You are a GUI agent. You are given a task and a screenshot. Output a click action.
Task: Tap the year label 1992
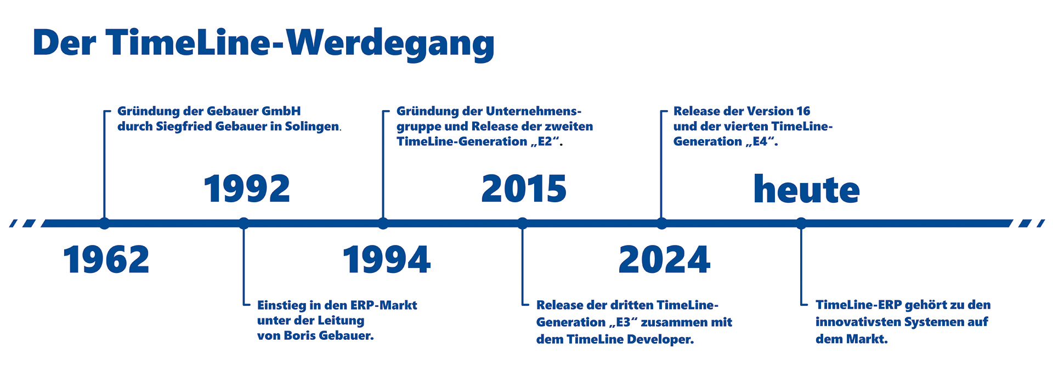(247, 189)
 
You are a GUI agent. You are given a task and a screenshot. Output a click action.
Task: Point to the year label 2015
(524, 189)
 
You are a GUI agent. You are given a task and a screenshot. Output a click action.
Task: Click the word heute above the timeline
(807, 189)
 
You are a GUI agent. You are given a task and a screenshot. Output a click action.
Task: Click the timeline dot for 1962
(104, 223)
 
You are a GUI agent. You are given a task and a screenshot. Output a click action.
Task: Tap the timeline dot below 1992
(244, 223)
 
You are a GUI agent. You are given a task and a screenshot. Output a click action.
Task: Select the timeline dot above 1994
(383, 223)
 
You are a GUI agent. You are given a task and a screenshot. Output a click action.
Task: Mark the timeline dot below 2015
(523, 223)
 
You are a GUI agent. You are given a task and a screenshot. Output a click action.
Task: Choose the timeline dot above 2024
(662, 223)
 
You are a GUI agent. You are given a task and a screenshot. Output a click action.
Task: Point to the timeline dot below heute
(801, 223)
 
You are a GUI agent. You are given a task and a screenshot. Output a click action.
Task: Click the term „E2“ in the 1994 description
(546, 141)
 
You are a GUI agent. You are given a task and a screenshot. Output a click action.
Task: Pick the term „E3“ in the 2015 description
(622, 322)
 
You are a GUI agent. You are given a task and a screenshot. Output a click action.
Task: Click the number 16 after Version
(803, 111)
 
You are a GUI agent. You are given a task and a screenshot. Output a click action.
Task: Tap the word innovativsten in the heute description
(857, 322)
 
